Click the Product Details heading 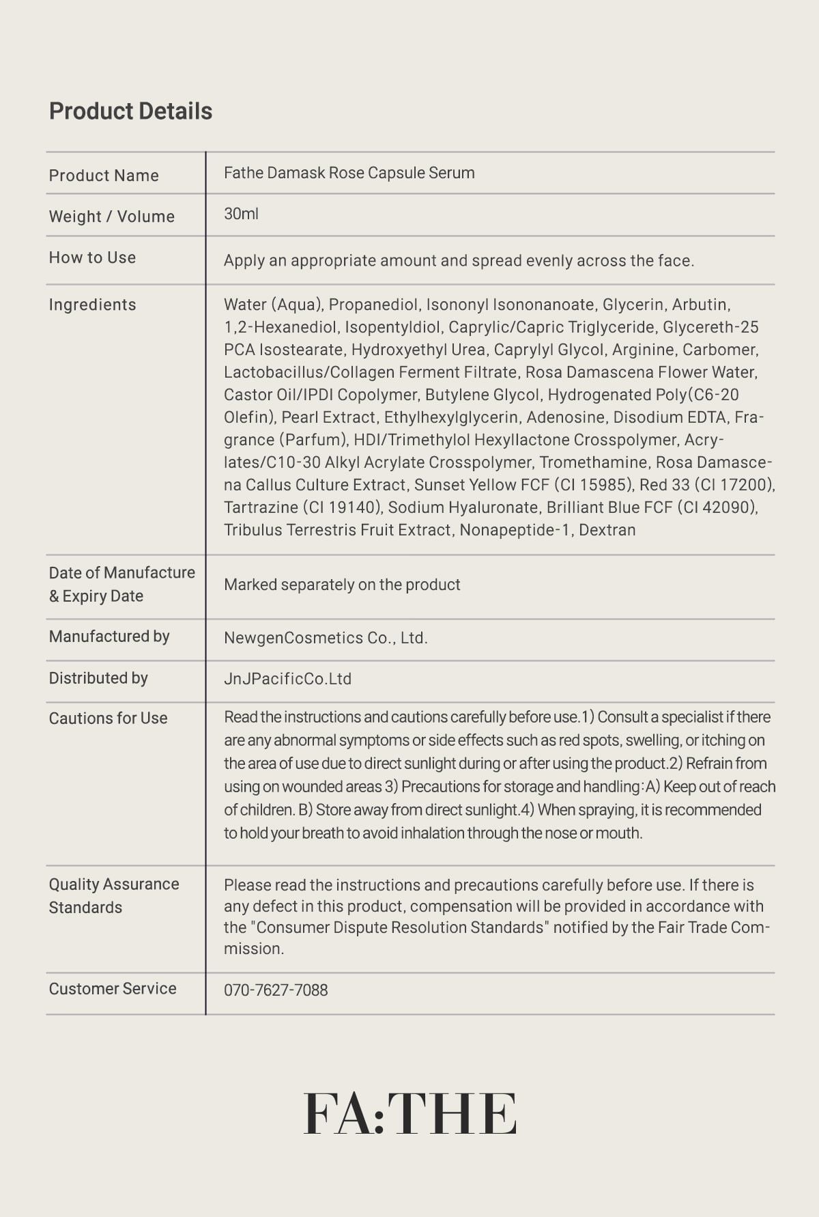[x=130, y=111]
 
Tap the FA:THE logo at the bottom [x=409, y=1114]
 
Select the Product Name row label [x=104, y=176]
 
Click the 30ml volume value [x=241, y=214]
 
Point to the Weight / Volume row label [x=112, y=216]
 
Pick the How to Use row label [x=92, y=257]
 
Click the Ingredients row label [x=92, y=305]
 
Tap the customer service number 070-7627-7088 [x=276, y=990]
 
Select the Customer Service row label [x=113, y=988]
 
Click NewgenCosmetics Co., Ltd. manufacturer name [x=326, y=638]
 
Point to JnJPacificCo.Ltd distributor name [x=287, y=679]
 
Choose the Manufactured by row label [x=109, y=637]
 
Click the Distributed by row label [x=98, y=678]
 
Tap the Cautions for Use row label [x=108, y=718]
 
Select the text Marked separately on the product [x=342, y=585]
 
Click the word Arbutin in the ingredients [x=700, y=305]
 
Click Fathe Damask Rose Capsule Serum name [x=349, y=173]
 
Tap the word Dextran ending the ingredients [x=607, y=530]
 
